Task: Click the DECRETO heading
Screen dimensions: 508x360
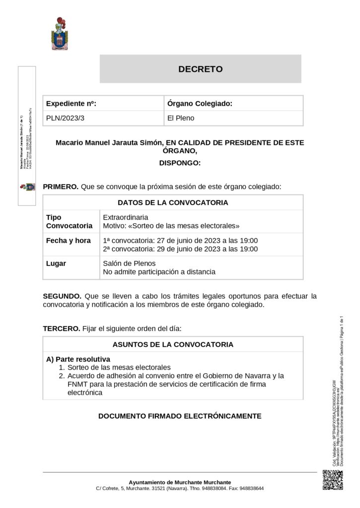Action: [x=201, y=69]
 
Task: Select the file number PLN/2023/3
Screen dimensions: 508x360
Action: [x=63, y=118]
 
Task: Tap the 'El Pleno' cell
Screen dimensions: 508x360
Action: [x=181, y=118]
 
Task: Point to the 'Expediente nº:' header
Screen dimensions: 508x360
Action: [x=71, y=104]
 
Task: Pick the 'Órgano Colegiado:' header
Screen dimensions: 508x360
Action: [x=200, y=104]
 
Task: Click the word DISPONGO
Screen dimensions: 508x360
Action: [x=180, y=163]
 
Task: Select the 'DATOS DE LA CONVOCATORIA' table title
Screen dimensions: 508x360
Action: [x=173, y=202]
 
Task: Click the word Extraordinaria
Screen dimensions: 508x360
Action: [x=126, y=217]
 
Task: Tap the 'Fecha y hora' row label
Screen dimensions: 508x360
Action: [x=69, y=241]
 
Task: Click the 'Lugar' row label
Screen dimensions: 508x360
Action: [x=56, y=263]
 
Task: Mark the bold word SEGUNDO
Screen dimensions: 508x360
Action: [x=61, y=296]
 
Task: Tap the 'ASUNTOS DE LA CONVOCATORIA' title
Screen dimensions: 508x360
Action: [x=173, y=344]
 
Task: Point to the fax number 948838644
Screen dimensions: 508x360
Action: [x=251, y=489]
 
